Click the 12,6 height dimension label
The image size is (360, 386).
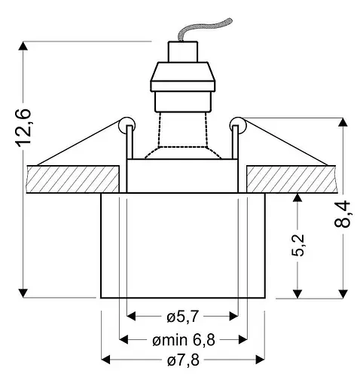[x=23, y=127]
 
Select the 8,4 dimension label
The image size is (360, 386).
[x=342, y=213]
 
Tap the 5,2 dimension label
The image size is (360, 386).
[x=297, y=245]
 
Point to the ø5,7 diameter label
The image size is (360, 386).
[x=183, y=317]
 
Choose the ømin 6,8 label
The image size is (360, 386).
[x=184, y=340]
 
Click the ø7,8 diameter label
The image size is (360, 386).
[x=183, y=360]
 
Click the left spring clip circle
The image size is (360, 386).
[x=127, y=125]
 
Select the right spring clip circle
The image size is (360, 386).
[x=237, y=125]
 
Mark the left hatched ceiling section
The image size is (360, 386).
[x=73, y=179]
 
